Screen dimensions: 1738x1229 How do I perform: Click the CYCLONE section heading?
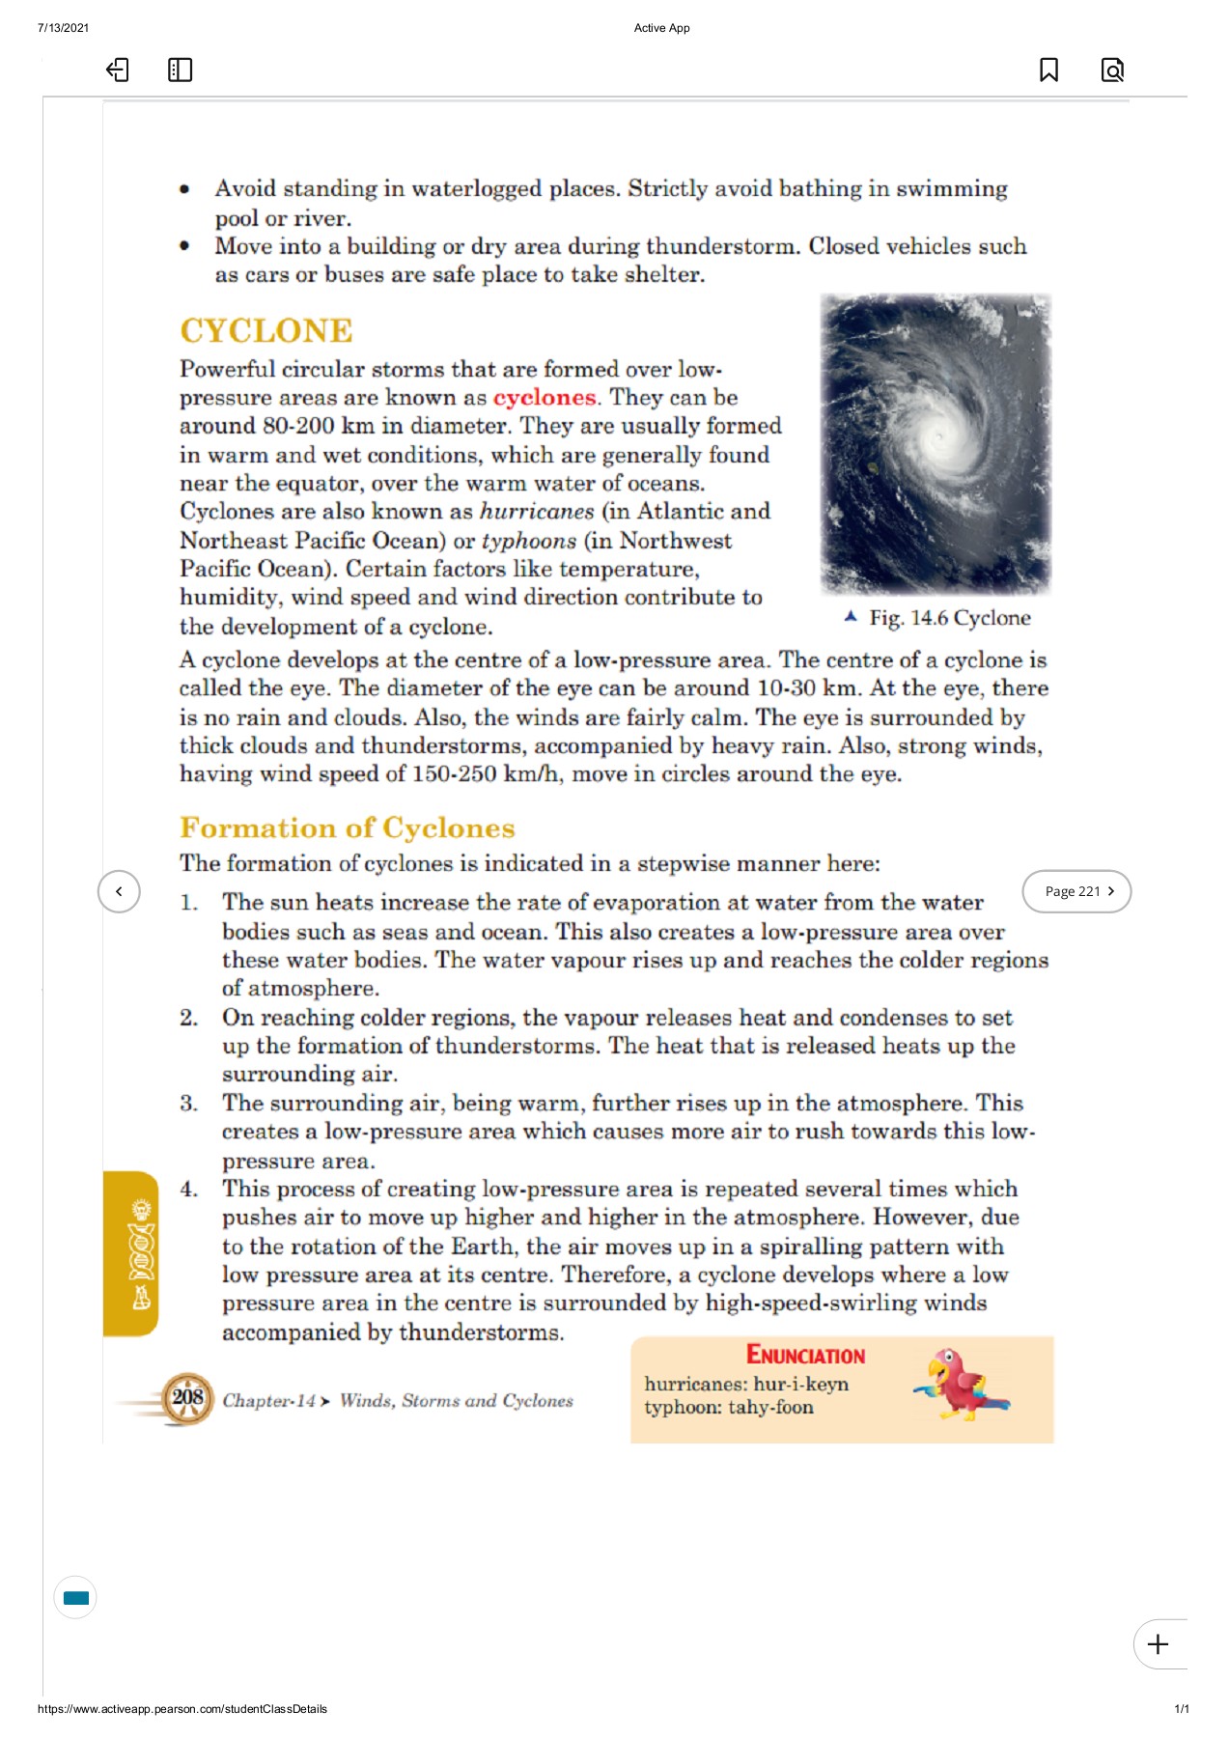tap(265, 331)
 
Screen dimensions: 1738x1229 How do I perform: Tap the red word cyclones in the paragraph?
tap(545, 398)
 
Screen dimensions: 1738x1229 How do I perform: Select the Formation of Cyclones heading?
tap(347, 828)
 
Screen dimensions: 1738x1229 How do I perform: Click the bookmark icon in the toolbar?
tap(1047, 70)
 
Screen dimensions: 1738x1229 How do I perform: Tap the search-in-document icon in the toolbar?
tap(1112, 70)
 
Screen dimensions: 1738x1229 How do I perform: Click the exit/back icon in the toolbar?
tap(117, 70)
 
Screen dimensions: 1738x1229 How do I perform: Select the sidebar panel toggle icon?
tap(180, 70)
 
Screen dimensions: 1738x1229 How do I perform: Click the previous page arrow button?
tap(119, 891)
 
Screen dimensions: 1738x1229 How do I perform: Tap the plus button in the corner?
tap(1158, 1644)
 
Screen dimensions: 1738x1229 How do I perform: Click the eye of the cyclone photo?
tap(937, 437)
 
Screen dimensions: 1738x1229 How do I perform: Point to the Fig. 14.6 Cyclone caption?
tap(948, 618)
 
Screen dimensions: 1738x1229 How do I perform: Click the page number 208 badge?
tap(187, 1397)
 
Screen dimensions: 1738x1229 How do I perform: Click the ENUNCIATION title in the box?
tap(805, 1356)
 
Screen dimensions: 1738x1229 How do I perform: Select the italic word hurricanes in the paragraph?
tap(537, 512)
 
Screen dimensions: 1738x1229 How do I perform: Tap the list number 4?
tap(189, 1190)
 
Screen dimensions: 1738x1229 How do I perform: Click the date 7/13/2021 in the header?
tap(64, 28)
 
